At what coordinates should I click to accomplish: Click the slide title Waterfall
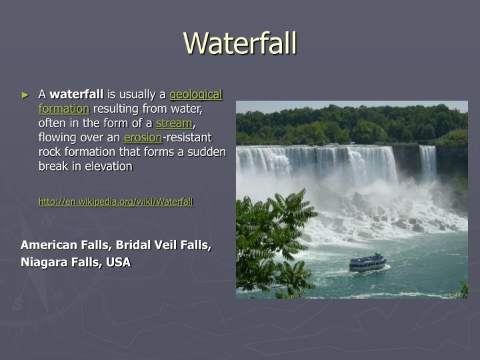pyautogui.click(x=240, y=43)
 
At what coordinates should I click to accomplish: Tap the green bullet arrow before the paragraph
pyautogui.click(x=26, y=95)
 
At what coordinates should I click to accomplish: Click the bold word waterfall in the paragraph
pyautogui.click(x=78, y=95)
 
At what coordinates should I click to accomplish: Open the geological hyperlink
pyautogui.click(x=196, y=95)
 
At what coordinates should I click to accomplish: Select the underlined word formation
pyautogui.click(x=63, y=109)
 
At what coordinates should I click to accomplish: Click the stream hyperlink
pyautogui.click(x=173, y=123)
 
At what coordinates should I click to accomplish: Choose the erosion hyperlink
pyautogui.click(x=143, y=137)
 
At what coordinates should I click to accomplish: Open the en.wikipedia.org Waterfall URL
pyautogui.click(x=115, y=201)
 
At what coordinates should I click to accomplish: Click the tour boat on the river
pyautogui.click(x=367, y=263)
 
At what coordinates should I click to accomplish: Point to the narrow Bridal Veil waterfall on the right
pyautogui.click(x=427, y=163)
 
